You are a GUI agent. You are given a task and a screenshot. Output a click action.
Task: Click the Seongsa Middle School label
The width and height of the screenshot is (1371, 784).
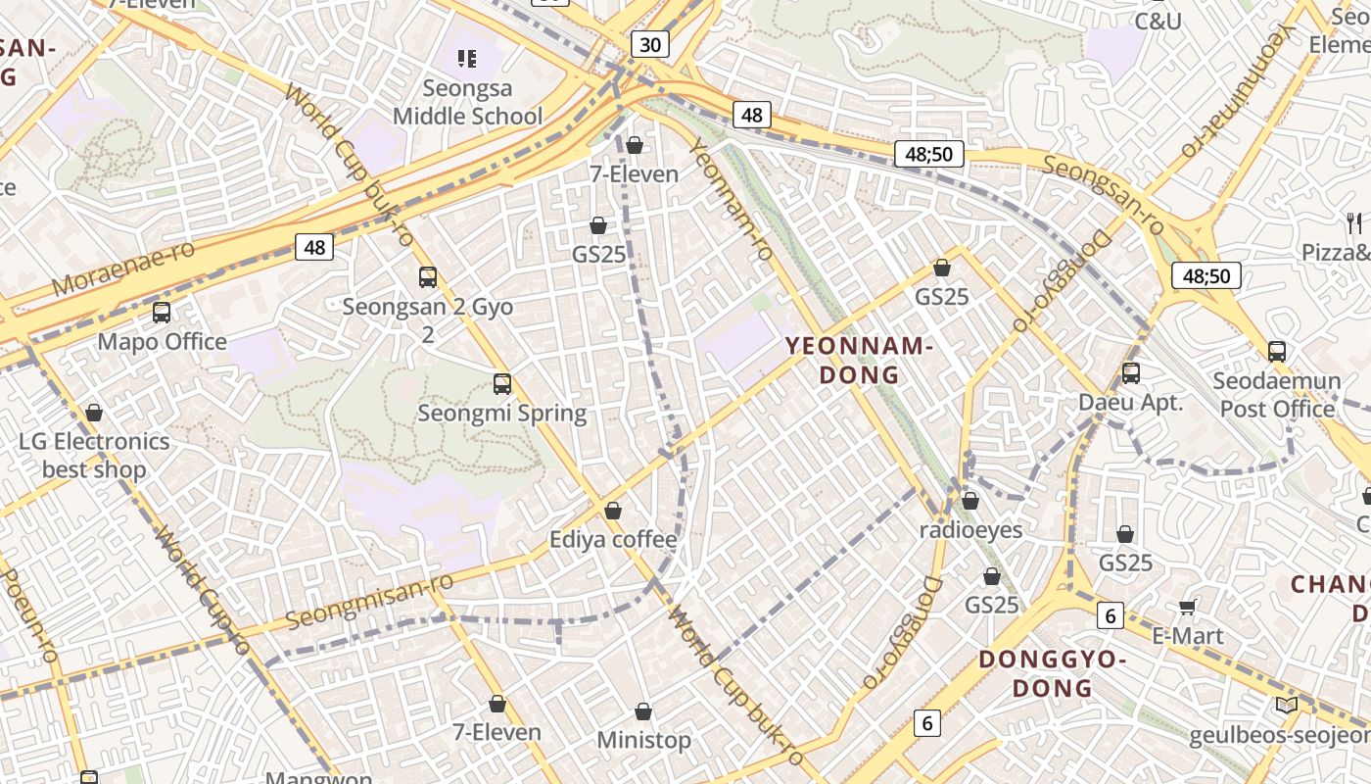tap(467, 102)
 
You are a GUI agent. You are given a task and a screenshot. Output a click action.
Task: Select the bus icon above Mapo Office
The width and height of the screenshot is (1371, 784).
tap(162, 313)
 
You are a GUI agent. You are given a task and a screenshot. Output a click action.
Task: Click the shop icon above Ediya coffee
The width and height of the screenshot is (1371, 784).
tap(613, 511)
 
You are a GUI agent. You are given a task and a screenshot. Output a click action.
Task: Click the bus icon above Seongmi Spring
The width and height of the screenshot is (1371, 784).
tap(502, 383)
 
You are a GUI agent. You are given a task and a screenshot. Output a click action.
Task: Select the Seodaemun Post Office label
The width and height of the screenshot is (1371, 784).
tap(1277, 395)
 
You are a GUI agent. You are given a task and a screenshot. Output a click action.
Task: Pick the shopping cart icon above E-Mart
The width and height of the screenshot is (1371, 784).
tap(1188, 607)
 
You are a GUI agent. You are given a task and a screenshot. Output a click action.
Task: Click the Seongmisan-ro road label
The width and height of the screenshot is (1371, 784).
tap(369, 601)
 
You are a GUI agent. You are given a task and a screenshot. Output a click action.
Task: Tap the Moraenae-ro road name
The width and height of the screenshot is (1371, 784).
tap(123, 268)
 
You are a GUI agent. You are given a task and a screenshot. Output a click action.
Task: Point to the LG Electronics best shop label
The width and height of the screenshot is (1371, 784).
tap(94, 455)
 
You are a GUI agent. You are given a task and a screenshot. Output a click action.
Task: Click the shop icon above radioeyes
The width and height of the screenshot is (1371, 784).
tap(970, 502)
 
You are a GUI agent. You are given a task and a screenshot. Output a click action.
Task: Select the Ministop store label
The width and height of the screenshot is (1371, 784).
tap(644, 740)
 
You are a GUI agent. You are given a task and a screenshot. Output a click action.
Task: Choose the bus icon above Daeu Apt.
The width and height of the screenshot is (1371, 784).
tap(1131, 372)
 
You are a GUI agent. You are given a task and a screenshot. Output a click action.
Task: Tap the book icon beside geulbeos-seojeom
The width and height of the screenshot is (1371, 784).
tap(1287, 705)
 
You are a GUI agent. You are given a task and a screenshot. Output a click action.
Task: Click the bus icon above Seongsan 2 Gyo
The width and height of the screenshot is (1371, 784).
tap(428, 277)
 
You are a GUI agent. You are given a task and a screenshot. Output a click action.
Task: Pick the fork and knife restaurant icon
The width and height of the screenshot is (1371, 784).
tap(1354, 222)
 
